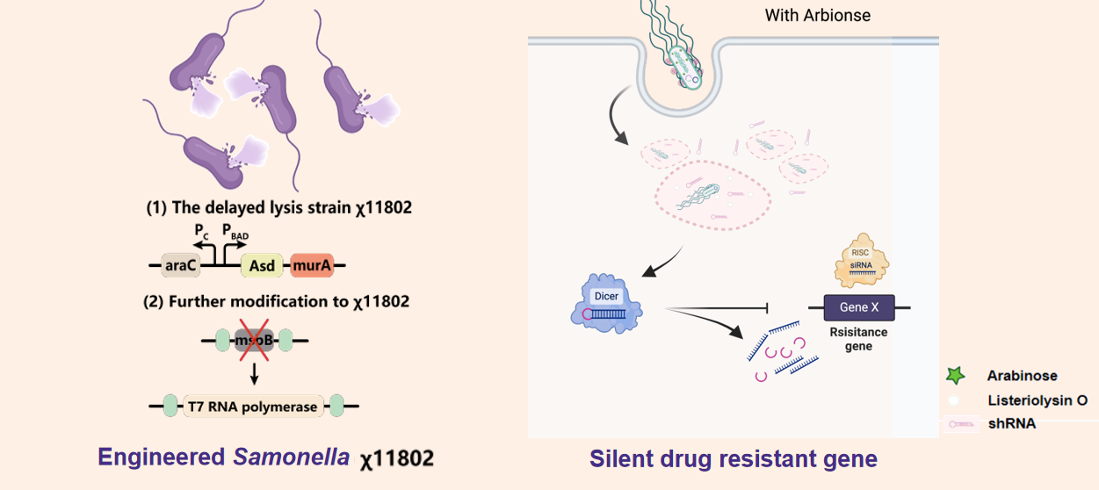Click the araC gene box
point(180,264)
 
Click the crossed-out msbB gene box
point(253,341)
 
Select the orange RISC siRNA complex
point(860,261)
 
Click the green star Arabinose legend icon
point(955,376)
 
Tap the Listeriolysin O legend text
point(1037,400)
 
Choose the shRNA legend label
point(1010,423)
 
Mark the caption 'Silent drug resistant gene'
point(733,458)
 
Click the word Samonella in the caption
point(291,458)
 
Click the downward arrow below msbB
point(254,374)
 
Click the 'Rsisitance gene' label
point(858,339)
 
